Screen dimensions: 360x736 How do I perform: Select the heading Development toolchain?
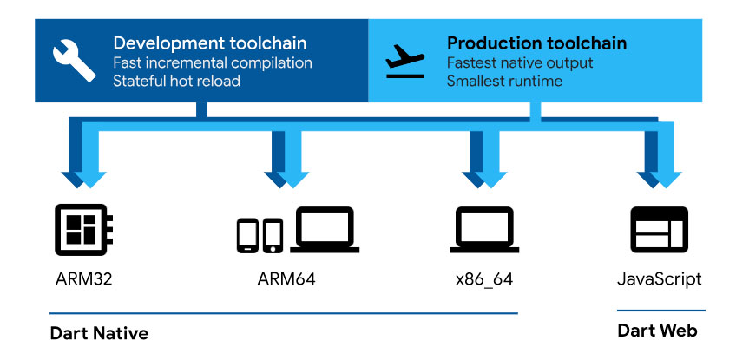click(210, 43)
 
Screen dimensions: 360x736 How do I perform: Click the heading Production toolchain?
click(536, 43)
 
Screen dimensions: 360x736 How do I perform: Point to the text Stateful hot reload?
click(177, 82)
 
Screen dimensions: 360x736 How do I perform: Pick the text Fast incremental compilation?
click(213, 62)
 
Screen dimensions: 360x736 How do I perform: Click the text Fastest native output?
click(520, 62)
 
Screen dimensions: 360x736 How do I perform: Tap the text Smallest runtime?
click(504, 82)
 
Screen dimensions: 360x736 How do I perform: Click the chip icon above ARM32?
click(85, 228)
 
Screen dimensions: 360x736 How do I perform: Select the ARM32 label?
click(84, 279)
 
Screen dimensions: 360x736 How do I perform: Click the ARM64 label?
click(287, 279)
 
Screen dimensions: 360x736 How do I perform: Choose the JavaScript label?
click(658, 279)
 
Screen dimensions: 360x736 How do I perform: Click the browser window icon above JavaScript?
click(658, 229)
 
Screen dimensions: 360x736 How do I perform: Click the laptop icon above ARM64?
click(324, 230)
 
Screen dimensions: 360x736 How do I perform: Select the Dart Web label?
click(657, 331)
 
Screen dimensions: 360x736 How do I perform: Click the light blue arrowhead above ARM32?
click(90, 179)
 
